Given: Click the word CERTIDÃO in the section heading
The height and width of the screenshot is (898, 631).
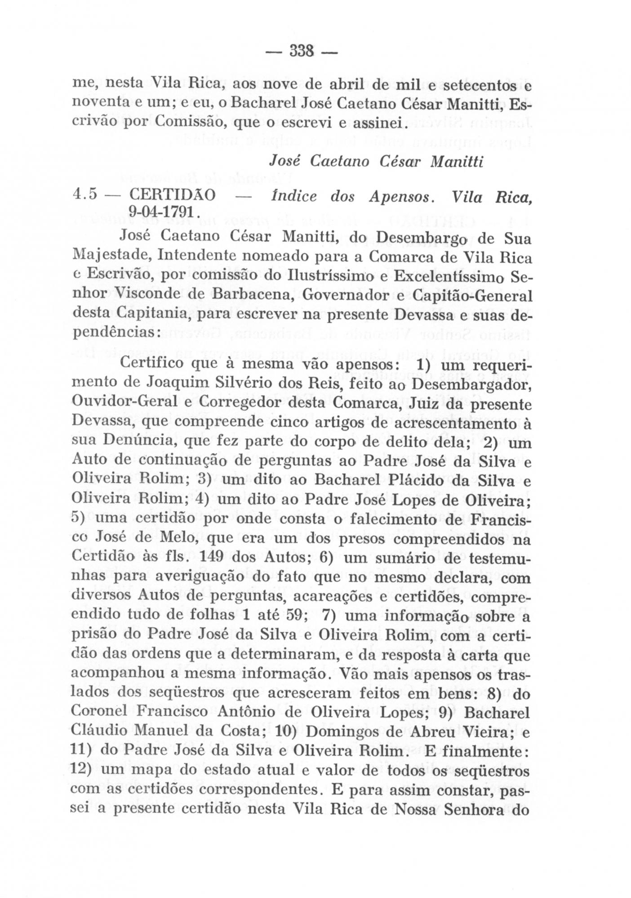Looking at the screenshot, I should tap(172, 196).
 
